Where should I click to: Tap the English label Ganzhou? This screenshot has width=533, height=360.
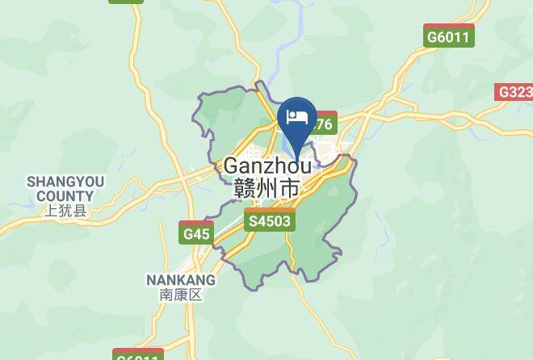point(267,166)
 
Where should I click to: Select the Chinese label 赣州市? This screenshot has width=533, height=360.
point(266,189)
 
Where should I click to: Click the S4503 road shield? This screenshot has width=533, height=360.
point(270,220)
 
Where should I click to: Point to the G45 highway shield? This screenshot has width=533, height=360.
point(196,234)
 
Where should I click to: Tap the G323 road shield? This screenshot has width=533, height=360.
point(514,92)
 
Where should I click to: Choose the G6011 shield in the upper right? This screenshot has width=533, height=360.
point(448,37)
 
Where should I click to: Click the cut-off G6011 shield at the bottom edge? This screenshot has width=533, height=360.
point(138,355)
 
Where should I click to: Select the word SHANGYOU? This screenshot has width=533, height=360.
point(65,182)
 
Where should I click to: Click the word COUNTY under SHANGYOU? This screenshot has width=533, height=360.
point(65,196)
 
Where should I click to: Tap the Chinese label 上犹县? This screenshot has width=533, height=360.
point(65,211)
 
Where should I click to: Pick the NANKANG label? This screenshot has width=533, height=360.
point(181,280)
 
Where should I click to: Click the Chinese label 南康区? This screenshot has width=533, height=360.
point(181,295)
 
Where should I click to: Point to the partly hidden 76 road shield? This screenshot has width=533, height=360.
point(325,124)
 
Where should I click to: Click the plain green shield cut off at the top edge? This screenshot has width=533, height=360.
point(126,3)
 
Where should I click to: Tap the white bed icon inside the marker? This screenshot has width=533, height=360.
point(296,117)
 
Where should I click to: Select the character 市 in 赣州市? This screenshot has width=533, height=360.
point(288,189)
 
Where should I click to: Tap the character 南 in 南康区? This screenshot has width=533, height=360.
point(166,295)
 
